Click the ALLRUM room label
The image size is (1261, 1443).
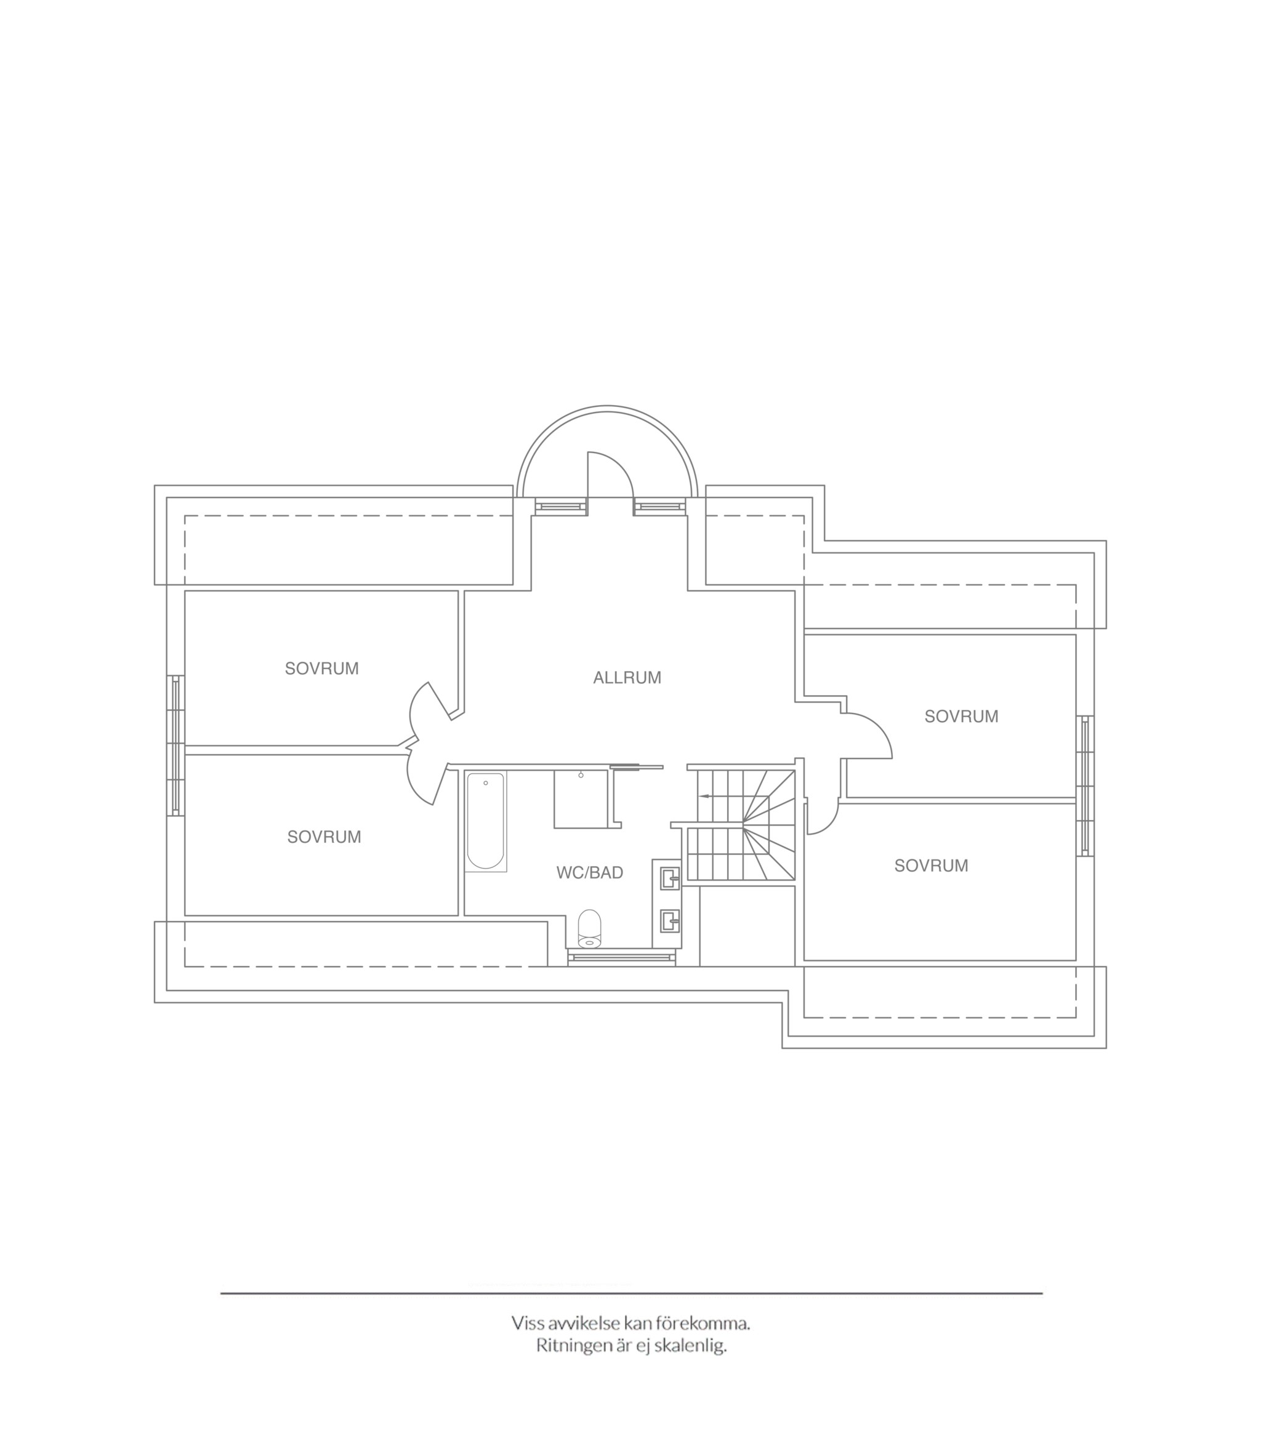(627, 678)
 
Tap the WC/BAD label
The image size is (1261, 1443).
(590, 873)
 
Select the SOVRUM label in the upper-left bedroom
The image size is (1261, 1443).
(321, 669)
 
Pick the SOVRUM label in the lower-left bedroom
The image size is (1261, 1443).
(324, 837)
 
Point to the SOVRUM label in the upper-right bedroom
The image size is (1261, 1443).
(961, 716)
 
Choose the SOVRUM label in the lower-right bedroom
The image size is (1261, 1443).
(931, 866)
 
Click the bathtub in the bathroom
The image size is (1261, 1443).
(486, 821)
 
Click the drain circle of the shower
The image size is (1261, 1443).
(581, 775)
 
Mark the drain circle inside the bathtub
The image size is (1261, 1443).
(486, 783)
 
